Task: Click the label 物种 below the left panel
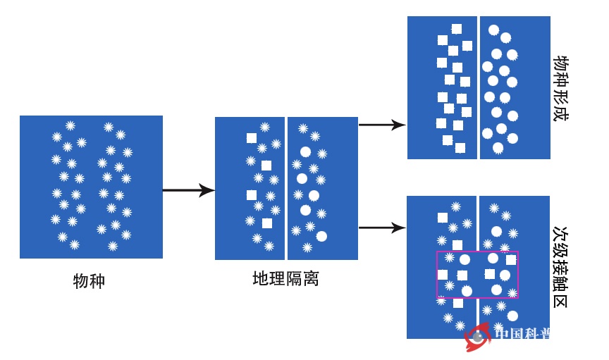click(x=89, y=281)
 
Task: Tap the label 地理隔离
click(x=285, y=278)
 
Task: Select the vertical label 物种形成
click(x=561, y=88)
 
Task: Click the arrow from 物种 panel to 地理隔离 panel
click(x=188, y=190)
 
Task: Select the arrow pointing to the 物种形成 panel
click(x=381, y=125)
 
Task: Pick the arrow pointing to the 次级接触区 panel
click(x=381, y=228)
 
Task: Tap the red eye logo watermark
click(x=477, y=337)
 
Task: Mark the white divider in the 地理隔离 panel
click(x=286, y=188)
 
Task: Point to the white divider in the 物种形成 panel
click(x=479, y=87)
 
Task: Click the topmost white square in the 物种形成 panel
click(x=457, y=29)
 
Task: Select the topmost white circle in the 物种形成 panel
click(x=494, y=30)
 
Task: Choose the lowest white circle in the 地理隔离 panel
click(x=322, y=236)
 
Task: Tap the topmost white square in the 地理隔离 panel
click(x=251, y=138)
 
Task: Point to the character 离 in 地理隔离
click(x=311, y=278)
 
